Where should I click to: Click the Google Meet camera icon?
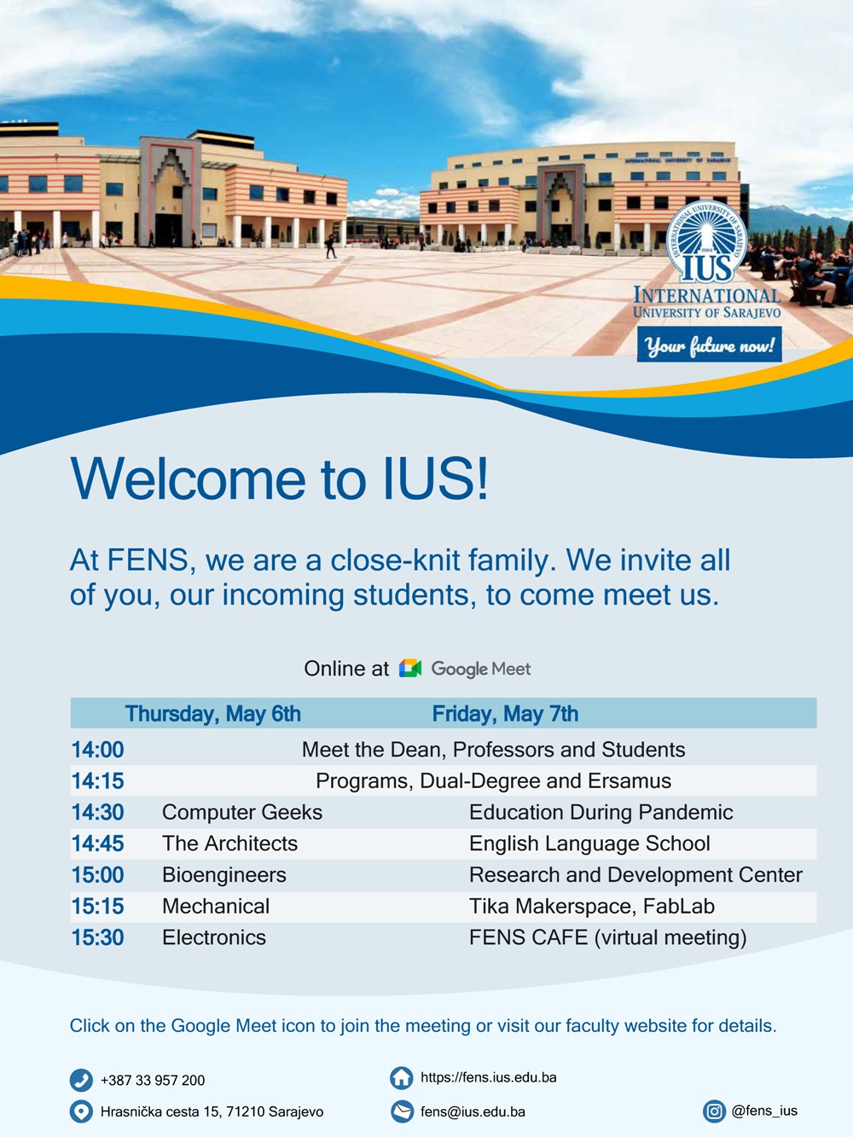coord(410,668)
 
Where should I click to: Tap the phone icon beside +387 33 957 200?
coord(81,1080)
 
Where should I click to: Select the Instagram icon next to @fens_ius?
coord(714,1111)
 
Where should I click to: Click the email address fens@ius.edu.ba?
coord(473,1111)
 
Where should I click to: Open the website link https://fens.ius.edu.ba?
coord(489,1077)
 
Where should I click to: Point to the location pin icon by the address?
coord(81,1111)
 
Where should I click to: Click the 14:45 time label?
coord(97,844)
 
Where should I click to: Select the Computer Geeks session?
coord(242,812)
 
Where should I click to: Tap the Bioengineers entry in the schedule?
coord(223,875)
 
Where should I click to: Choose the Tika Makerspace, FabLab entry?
coord(591,907)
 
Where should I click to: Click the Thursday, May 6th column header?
coord(212,714)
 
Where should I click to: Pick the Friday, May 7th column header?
coord(505,714)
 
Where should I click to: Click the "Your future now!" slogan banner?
coord(710,344)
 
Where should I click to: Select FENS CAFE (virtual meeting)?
coord(607,937)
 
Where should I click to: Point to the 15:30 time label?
coord(97,937)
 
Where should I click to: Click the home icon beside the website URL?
coord(402,1078)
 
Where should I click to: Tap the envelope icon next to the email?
coord(402,1111)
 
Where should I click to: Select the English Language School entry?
coord(589,844)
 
